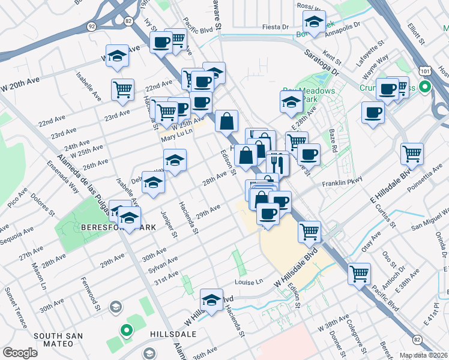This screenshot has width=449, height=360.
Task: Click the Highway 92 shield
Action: click(91, 26)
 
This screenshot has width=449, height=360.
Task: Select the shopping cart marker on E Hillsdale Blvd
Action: click(412, 154)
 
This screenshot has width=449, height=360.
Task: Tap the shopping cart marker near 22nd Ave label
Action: click(122, 89)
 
